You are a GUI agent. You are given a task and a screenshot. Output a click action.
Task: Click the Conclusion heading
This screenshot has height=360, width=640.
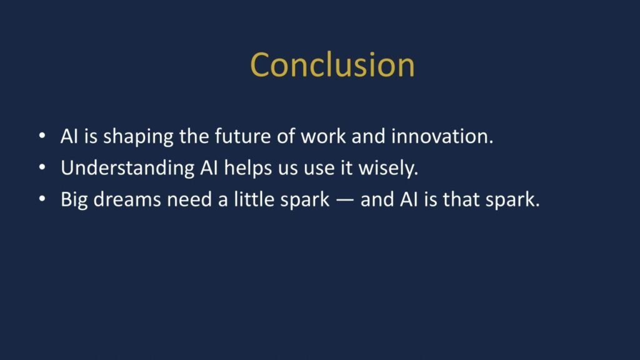[x=332, y=64]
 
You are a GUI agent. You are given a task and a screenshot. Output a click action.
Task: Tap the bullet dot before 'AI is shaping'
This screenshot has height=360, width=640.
[x=41, y=136]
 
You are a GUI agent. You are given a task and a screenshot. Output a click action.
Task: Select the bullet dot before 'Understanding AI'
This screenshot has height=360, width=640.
[x=41, y=167]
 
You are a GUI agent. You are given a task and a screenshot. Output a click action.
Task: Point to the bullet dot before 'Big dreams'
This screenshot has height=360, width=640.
[x=41, y=199]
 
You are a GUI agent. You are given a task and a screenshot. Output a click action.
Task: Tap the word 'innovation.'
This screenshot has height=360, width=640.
[x=442, y=137]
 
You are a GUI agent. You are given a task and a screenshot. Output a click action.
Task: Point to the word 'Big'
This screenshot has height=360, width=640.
[x=73, y=201]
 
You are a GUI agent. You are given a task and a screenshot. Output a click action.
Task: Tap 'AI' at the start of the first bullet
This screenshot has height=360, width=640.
[x=68, y=137]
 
